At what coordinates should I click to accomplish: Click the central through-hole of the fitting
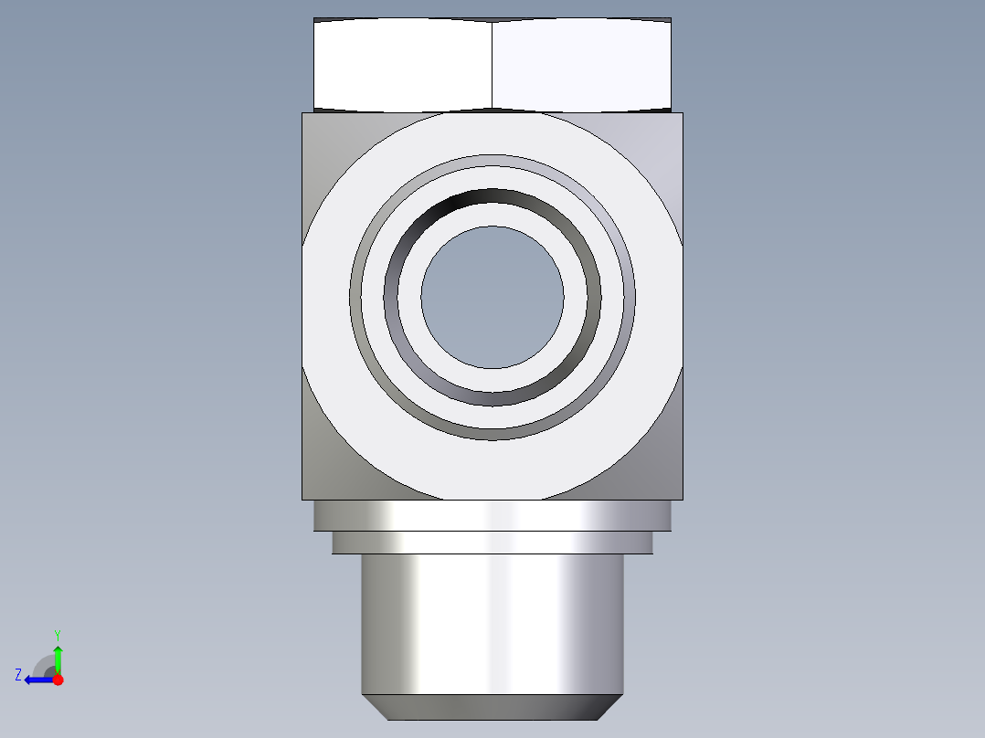pos(492,297)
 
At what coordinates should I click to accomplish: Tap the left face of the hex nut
pos(403,65)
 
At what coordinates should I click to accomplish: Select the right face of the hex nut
pos(582,65)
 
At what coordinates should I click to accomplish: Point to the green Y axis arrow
pos(58,660)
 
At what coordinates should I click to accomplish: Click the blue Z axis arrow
pos(39,680)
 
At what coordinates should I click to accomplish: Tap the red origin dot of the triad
pos(58,680)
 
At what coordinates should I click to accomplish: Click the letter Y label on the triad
pos(58,635)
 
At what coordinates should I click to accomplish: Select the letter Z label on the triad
pos(18,675)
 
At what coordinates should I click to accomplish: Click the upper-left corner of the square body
pos(302,113)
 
